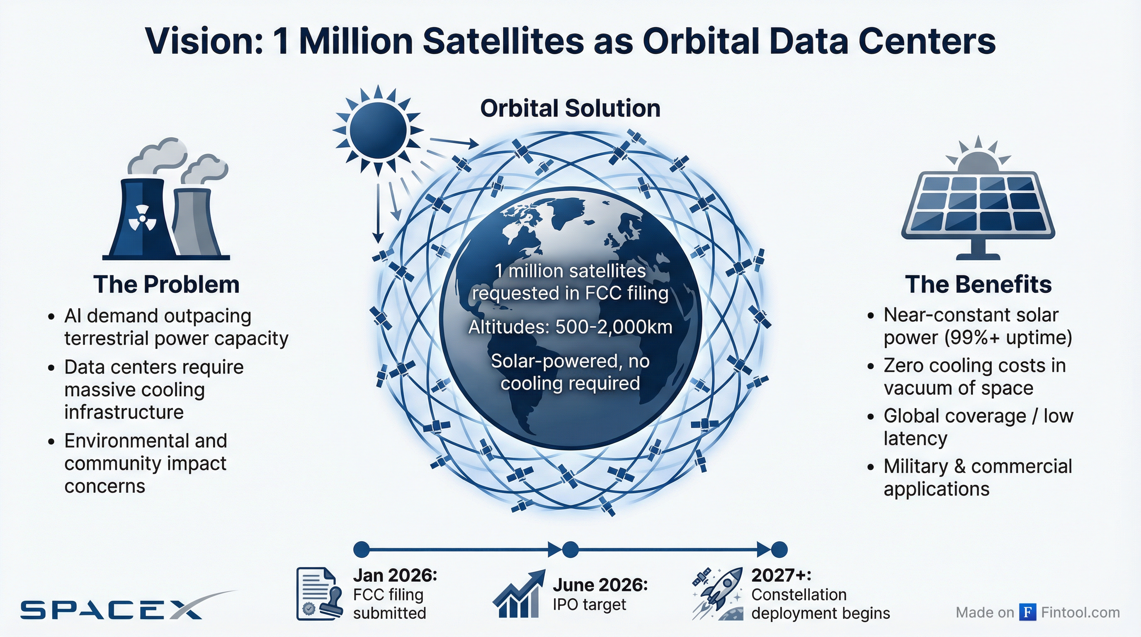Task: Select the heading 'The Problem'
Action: tap(166, 284)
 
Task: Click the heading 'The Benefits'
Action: tap(978, 284)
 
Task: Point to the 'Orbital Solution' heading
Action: tap(570, 109)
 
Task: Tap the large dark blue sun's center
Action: tap(378, 130)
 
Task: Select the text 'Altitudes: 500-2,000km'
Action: tap(570, 327)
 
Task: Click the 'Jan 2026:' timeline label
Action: tap(395, 576)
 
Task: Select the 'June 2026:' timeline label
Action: tap(600, 585)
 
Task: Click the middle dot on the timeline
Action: tap(570, 550)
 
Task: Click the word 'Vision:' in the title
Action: tap(204, 41)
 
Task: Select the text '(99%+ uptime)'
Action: tap(1007, 338)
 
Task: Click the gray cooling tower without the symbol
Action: tap(195, 221)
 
